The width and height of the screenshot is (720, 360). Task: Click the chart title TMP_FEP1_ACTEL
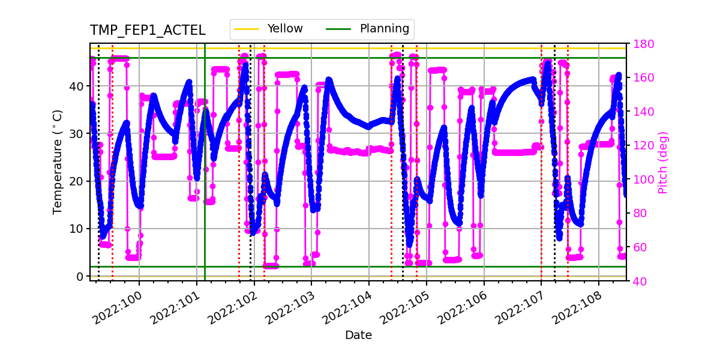pyautogui.click(x=148, y=31)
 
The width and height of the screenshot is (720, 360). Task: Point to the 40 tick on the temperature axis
pyautogui.click(x=77, y=86)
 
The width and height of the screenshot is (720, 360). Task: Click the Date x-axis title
pyautogui.click(x=358, y=335)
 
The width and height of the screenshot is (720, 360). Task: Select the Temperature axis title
pyautogui.click(x=58, y=161)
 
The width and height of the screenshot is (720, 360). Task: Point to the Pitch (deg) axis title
pyautogui.click(x=662, y=162)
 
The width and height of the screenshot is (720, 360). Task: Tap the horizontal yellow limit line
pyautogui.click(x=360, y=48)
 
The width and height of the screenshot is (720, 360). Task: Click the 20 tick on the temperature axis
pyautogui.click(x=77, y=181)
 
